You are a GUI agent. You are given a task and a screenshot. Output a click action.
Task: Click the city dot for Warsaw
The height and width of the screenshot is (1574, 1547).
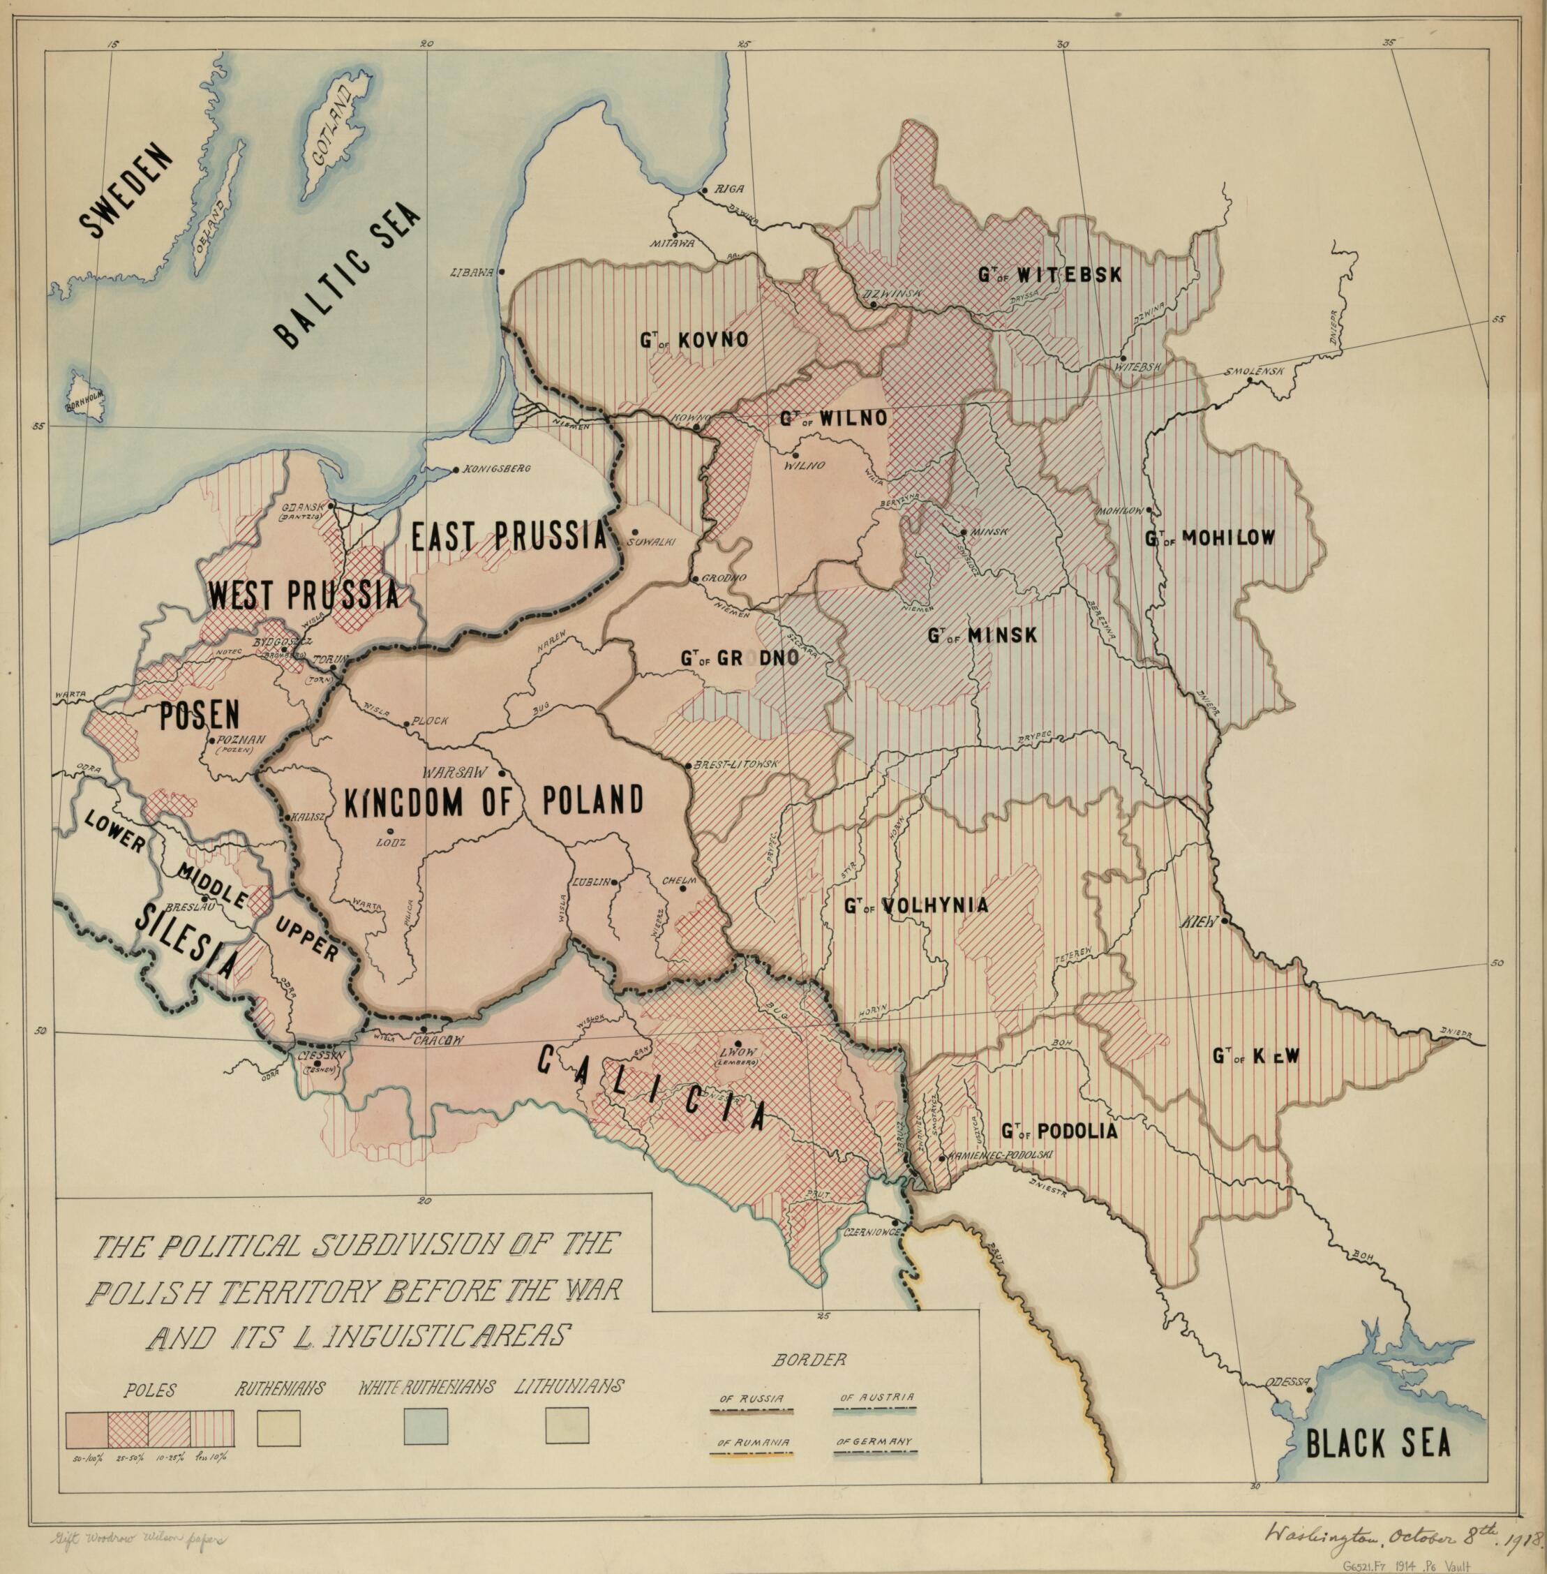coord(503,772)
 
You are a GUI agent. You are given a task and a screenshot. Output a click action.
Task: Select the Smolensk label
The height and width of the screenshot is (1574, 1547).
coord(1255,371)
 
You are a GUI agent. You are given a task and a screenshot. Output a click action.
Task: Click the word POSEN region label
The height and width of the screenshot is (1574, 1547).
coord(199,713)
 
